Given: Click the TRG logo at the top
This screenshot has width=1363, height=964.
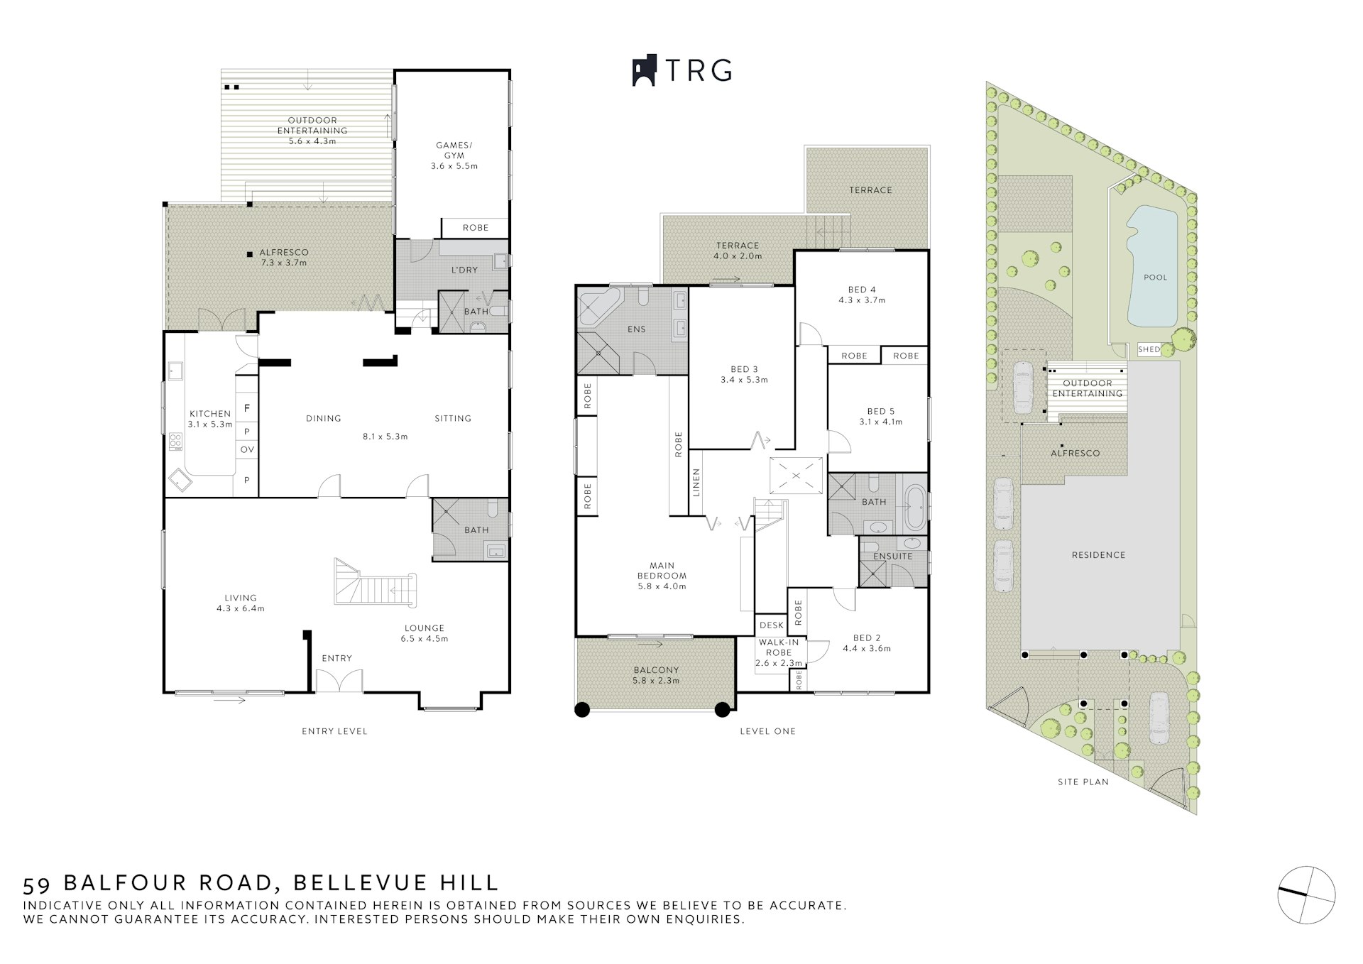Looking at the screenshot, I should click(x=681, y=70).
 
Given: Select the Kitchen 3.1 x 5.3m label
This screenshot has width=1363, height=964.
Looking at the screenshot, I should click(x=209, y=419).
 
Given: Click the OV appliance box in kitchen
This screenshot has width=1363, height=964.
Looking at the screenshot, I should click(x=246, y=449).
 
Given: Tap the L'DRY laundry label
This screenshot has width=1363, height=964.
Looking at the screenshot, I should click(x=464, y=270).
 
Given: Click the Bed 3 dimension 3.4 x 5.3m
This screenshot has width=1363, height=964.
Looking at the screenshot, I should click(x=744, y=380).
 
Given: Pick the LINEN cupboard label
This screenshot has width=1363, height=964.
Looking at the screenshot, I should click(x=696, y=483).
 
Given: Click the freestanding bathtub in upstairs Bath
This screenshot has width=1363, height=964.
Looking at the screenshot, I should click(x=914, y=508).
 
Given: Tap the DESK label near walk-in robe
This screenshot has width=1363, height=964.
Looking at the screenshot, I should click(x=772, y=625).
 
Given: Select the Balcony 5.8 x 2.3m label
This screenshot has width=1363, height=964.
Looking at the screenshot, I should click(x=656, y=675).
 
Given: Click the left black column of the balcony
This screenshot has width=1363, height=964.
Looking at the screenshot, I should click(x=582, y=709).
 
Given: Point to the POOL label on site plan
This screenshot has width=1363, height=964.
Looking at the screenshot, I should click(x=1155, y=278).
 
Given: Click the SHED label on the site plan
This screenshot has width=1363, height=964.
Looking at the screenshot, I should click(x=1149, y=349).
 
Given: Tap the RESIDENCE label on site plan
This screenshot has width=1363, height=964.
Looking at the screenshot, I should click(x=1098, y=555).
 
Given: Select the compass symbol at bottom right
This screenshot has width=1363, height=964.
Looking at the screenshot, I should click(x=1305, y=895).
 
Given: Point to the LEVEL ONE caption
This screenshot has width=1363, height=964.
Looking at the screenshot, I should click(x=767, y=731).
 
